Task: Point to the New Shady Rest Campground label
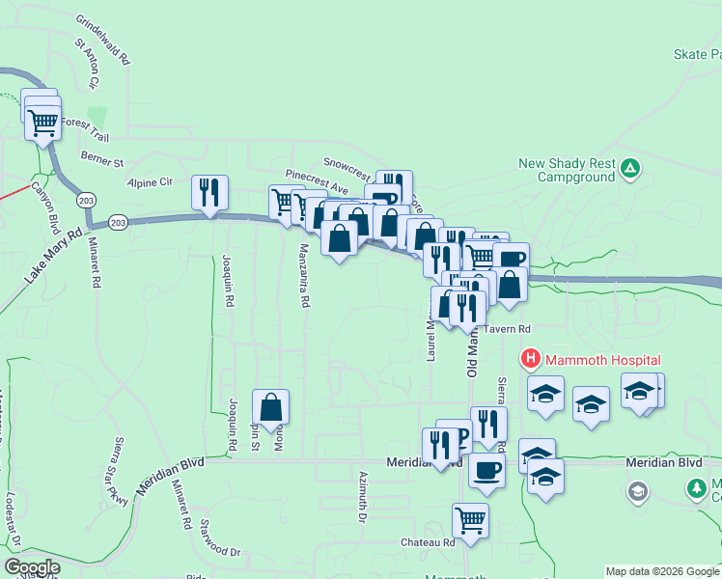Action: (567, 170)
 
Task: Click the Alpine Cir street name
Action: (149, 180)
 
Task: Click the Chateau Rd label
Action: (428, 543)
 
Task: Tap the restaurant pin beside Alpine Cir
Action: (209, 192)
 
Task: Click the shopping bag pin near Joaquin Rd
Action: (270, 407)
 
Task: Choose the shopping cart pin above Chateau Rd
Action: (470, 520)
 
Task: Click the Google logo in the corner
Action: (32, 567)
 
